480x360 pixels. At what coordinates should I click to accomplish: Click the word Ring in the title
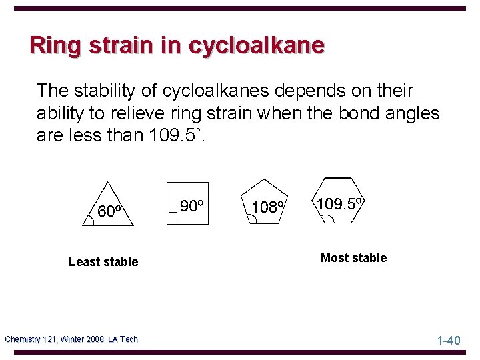coord(52,45)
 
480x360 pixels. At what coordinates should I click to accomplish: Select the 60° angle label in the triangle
coord(109,211)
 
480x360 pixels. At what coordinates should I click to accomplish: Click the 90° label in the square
coord(191,207)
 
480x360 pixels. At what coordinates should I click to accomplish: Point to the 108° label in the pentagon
coord(268,207)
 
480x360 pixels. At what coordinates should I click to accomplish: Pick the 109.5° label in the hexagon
coord(339,203)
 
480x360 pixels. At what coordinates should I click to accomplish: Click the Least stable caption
coord(103,262)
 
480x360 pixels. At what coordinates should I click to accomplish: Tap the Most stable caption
coord(353,258)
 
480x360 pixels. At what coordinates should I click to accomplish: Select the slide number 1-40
coord(449,341)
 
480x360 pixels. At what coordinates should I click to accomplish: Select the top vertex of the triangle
coord(109,181)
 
